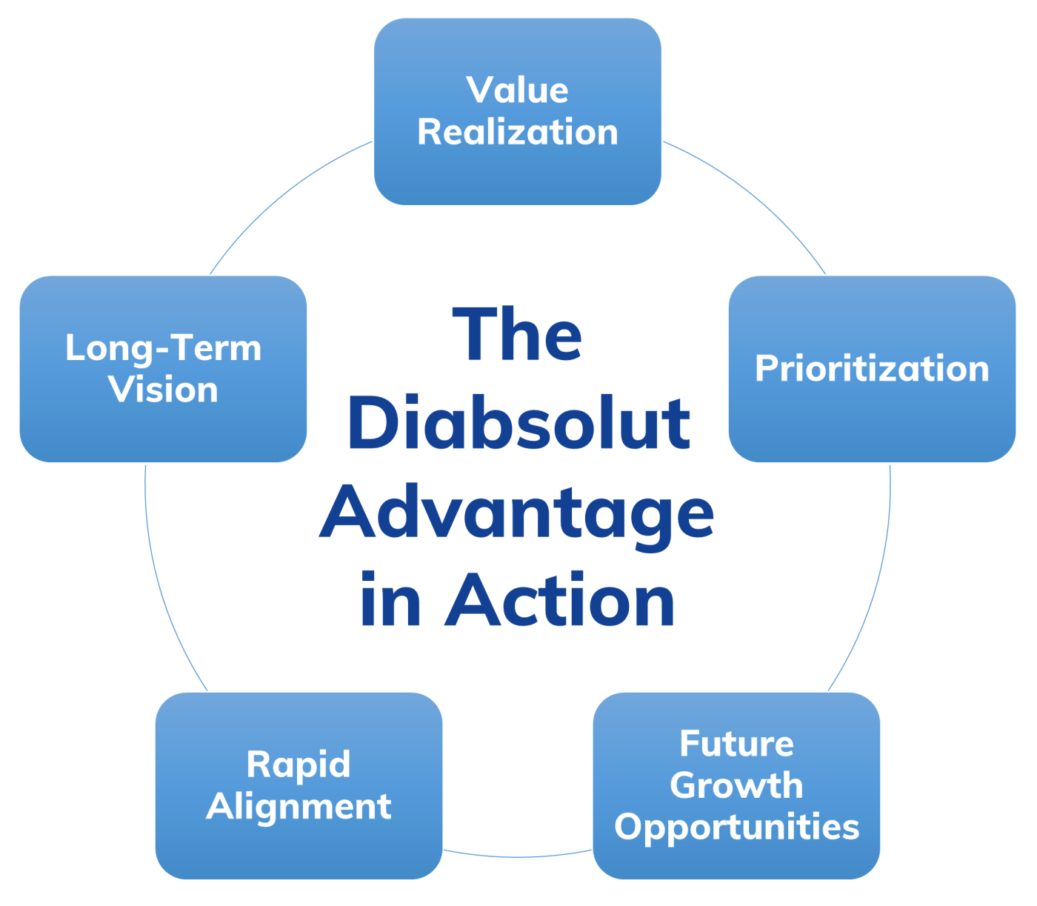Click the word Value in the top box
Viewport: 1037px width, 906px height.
point(517,90)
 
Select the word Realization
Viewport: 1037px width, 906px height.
point(517,133)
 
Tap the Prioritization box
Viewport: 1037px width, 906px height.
point(872,368)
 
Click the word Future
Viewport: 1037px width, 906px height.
point(736,744)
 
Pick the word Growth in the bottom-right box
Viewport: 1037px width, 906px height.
point(736,785)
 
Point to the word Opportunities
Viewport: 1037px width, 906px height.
point(736,827)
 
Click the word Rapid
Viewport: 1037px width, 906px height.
point(299,765)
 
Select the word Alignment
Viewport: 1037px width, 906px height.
point(299,806)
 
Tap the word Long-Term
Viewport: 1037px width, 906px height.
point(163,348)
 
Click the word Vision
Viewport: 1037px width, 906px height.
point(163,390)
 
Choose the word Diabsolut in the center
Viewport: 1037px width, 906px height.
point(518,424)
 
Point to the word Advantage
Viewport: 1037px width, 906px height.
point(516,513)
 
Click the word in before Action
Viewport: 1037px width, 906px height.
point(390,601)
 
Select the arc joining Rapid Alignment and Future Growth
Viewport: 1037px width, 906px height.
point(518,857)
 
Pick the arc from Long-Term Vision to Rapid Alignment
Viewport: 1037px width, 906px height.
point(164,585)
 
